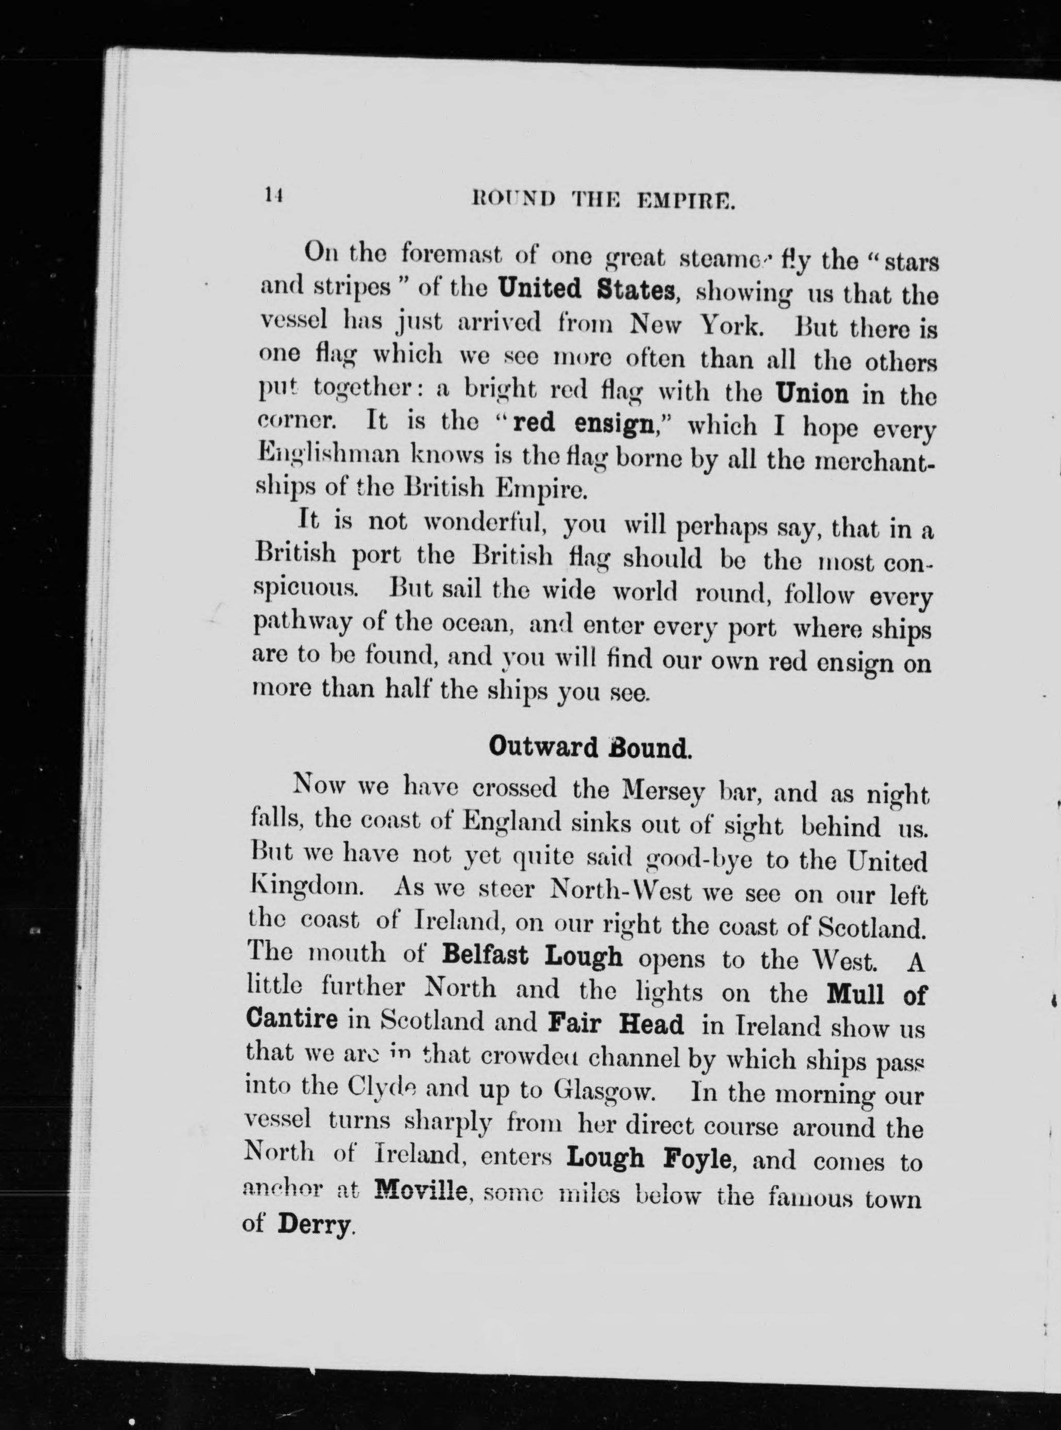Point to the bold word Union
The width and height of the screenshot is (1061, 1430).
click(x=812, y=392)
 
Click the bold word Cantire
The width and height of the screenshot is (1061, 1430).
click(x=292, y=1019)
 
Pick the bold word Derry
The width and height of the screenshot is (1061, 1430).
click(x=314, y=1224)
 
